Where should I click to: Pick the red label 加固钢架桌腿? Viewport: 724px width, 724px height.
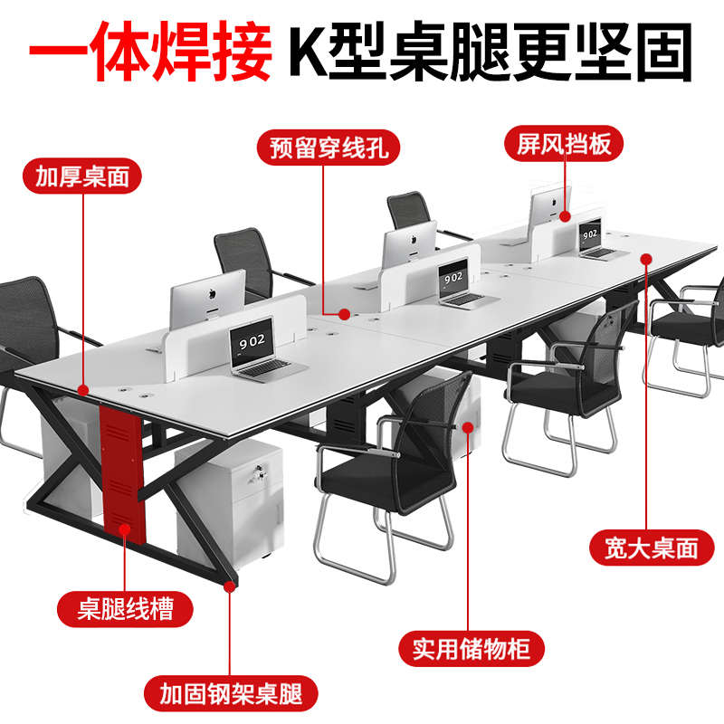click(x=232, y=694)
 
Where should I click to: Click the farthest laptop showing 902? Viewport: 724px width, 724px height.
click(x=592, y=239)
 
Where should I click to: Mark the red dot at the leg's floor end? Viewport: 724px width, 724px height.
click(x=232, y=586)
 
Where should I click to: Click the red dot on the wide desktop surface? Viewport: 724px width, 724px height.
click(x=647, y=259)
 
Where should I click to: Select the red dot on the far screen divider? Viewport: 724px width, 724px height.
click(x=564, y=216)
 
